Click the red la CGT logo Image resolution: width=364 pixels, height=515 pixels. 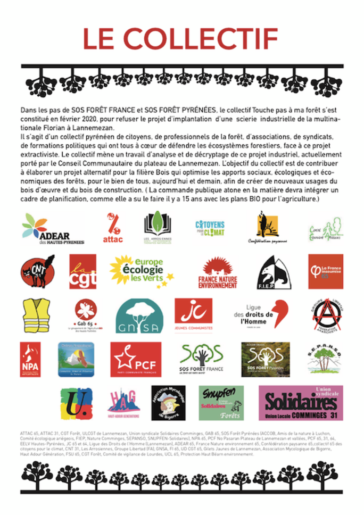tap(82, 271)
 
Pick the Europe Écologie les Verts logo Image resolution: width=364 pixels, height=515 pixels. tap(140, 271)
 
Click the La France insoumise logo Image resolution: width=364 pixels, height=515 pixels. tap(325, 271)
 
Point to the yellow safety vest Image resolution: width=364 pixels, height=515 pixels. tap(36, 315)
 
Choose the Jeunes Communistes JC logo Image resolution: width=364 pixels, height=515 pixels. tap(193, 314)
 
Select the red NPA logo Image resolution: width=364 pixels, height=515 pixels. tap(30, 359)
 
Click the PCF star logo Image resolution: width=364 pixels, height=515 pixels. tap(135, 359)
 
